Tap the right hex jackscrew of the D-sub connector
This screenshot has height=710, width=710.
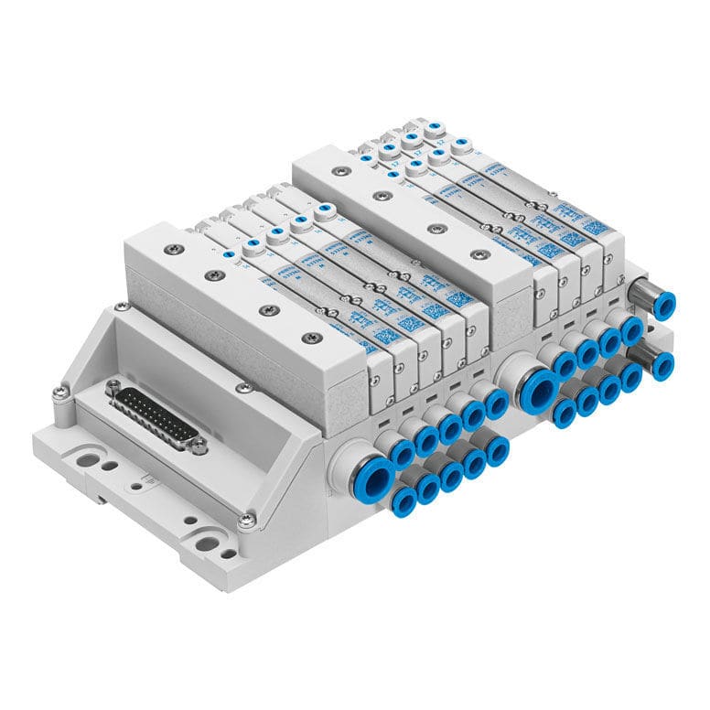coord(199,446)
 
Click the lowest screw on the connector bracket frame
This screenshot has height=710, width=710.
coord(247,522)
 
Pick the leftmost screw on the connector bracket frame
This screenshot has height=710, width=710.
coord(59,393)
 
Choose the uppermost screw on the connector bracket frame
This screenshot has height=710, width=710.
coord(121,307)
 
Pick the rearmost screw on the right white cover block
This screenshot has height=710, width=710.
coord(339,170)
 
